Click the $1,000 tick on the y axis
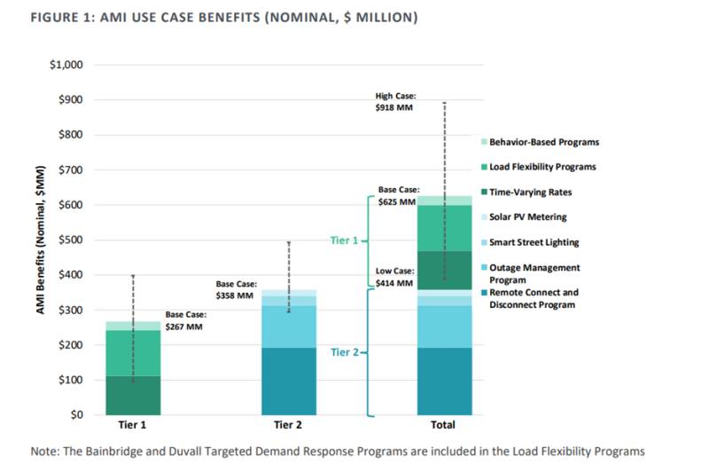[x=66, y=65]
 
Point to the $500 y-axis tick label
[x=71, y=240]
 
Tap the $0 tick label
[x=77, y=414]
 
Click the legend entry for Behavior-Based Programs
[x=540, y=142]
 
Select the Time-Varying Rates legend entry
[x=526, y=192]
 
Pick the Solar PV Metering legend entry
[x=524, y=216]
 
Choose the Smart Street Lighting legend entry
[x=530, y=242]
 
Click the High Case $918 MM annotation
[x=395, y=102]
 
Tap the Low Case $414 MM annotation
[x=394, y=277]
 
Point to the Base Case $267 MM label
[x=185, y=320]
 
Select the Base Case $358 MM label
[x=236, y=290]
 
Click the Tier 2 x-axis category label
[x=287, y=425]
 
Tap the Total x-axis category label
[x=442, y=425]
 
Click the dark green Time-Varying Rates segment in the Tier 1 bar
[x=133, y=395]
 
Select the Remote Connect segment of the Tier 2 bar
[x=289, y=381]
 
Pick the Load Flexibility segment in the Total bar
[x=445, y=228]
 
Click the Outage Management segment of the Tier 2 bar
[x=289, y=326]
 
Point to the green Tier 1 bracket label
[x=344, y=240]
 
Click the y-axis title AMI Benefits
[x=41, y=240]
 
